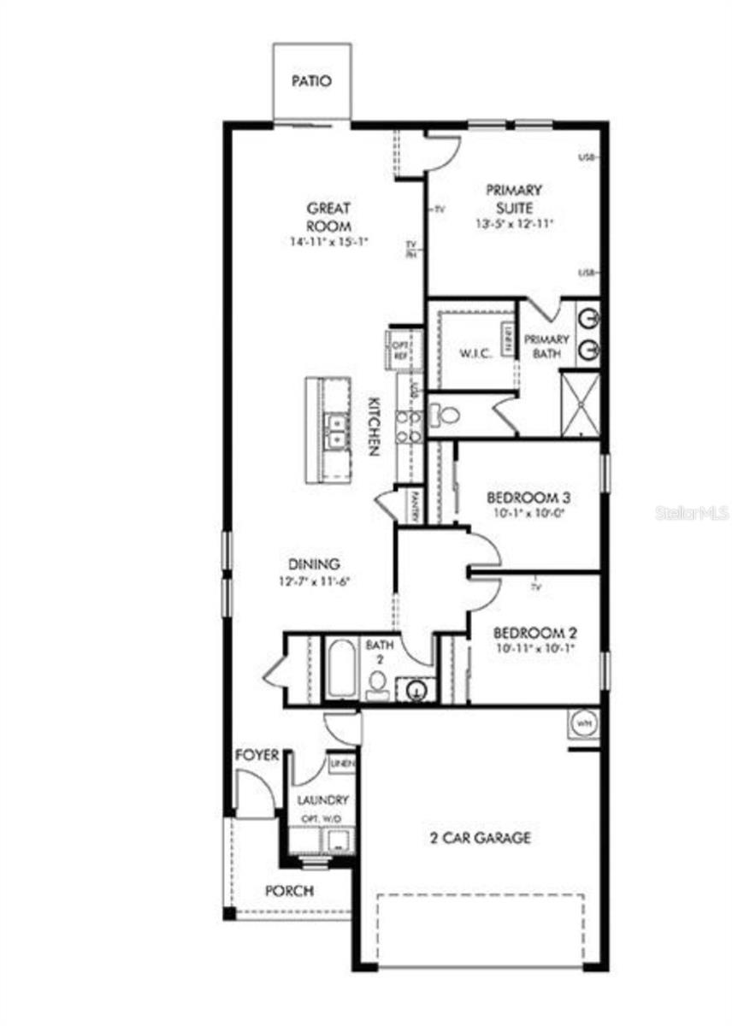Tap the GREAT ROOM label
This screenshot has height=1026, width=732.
(x=329, y=217)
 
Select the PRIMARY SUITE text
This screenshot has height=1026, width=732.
(x=514, y=198)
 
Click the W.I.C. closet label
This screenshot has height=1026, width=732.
(x=475, y=354)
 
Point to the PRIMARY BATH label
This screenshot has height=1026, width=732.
(x=546, y=345)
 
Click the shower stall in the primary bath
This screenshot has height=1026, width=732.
(x=579, y=404)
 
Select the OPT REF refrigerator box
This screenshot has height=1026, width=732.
(x=399, y=348)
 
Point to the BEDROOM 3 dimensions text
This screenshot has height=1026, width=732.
(x=528, y=514)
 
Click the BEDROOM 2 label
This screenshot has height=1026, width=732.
(x=535, y=634)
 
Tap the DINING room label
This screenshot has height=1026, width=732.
(x=314, y=564)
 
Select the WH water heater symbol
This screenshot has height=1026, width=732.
(x=585, y=723)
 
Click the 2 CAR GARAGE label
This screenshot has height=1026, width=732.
(x=480, y=837)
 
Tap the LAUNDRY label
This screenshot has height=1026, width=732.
(x=322, y=800)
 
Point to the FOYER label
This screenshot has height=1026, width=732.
(x=257, y=756)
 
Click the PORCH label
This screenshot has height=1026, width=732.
(x=289, y=890)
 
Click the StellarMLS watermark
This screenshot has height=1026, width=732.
(x=692, y=513)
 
